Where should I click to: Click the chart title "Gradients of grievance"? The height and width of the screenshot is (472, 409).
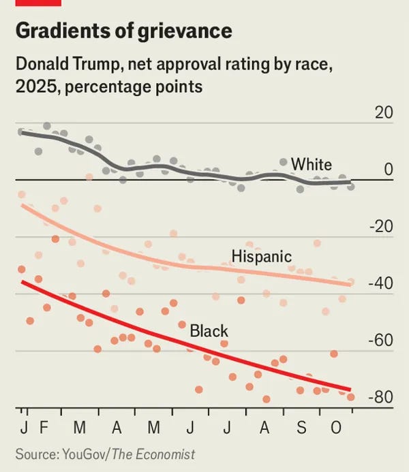click(x=123, y=31)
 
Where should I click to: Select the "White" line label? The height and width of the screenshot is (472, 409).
click(x=311, y=164)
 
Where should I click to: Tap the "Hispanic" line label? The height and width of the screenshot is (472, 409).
click(x=261, y=257)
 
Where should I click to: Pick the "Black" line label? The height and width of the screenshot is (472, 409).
click(x=209, y=332)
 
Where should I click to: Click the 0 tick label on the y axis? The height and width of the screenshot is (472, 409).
click(x=388, y=170)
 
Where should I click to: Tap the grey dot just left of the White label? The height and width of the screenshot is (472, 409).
click(x=284, y=162)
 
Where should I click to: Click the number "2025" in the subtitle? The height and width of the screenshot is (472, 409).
click(x=33, y=87)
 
